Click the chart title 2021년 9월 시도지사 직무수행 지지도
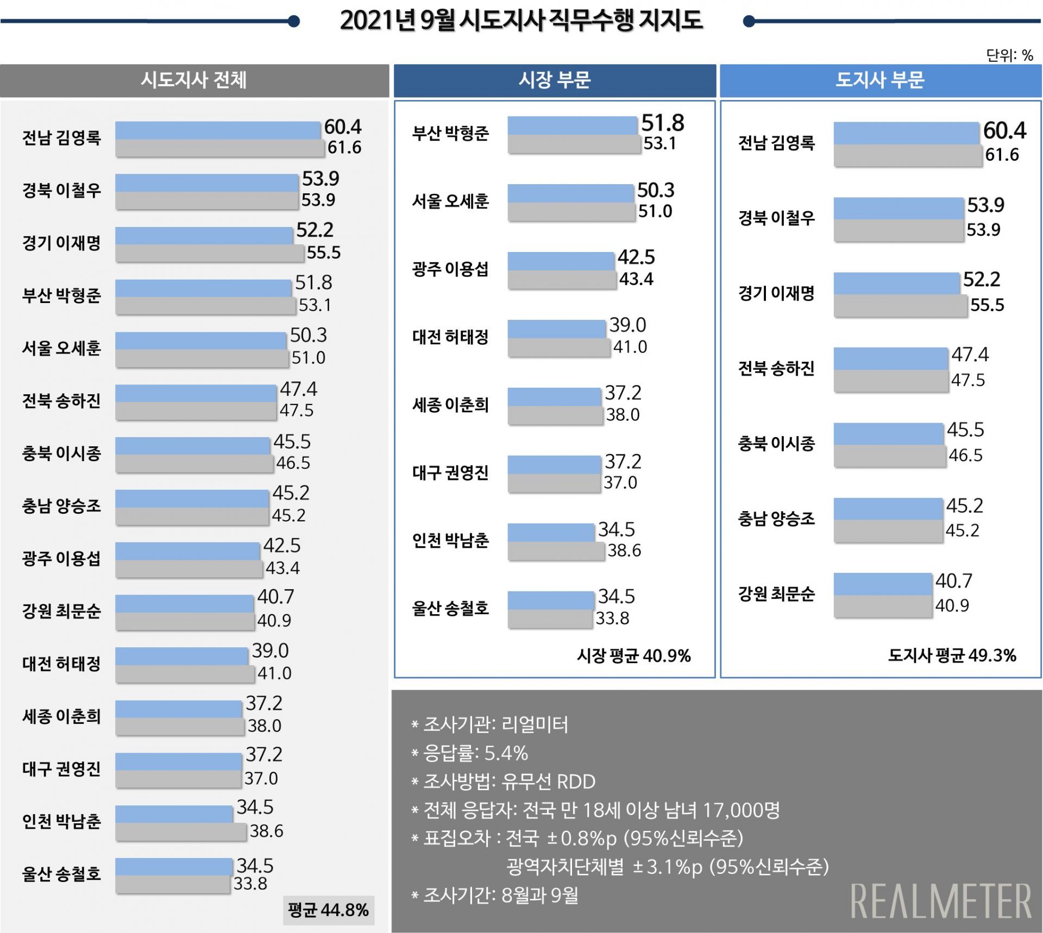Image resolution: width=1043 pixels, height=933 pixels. click(x=521, y=21)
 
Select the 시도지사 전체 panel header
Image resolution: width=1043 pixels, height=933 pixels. click(x=194, y=80)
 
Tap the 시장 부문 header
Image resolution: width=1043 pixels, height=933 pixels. click(x=555, y=80)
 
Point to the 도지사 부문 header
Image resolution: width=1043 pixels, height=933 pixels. click(x=880, y=80)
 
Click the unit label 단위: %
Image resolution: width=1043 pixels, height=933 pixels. click(x=1009, y=55)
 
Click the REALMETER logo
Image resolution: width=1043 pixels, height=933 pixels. click(x=941, y=902)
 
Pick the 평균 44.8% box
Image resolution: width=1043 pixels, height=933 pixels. click(x=328, y=910)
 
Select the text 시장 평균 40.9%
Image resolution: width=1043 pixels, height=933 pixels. click(x=633, y=655)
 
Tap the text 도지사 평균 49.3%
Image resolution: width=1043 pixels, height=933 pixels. click(x=952, y=655)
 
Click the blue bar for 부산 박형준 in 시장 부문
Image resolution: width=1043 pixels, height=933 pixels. click(x=572, y=125)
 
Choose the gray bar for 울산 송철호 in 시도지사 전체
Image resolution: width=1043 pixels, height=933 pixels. click(x=172, y=884)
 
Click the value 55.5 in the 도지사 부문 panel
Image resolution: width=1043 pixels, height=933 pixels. click(x=987, y=305)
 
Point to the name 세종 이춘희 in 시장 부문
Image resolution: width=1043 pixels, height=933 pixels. click(x=450, y=405)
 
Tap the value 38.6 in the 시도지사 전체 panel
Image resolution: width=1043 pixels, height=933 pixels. click(x=266, y=831)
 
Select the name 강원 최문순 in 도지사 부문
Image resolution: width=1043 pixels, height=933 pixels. click(x=776, y=594)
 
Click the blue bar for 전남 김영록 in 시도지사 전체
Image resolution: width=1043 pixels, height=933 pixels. click(x=217, y=130)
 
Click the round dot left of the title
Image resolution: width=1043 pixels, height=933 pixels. click(x=294, y=21)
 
